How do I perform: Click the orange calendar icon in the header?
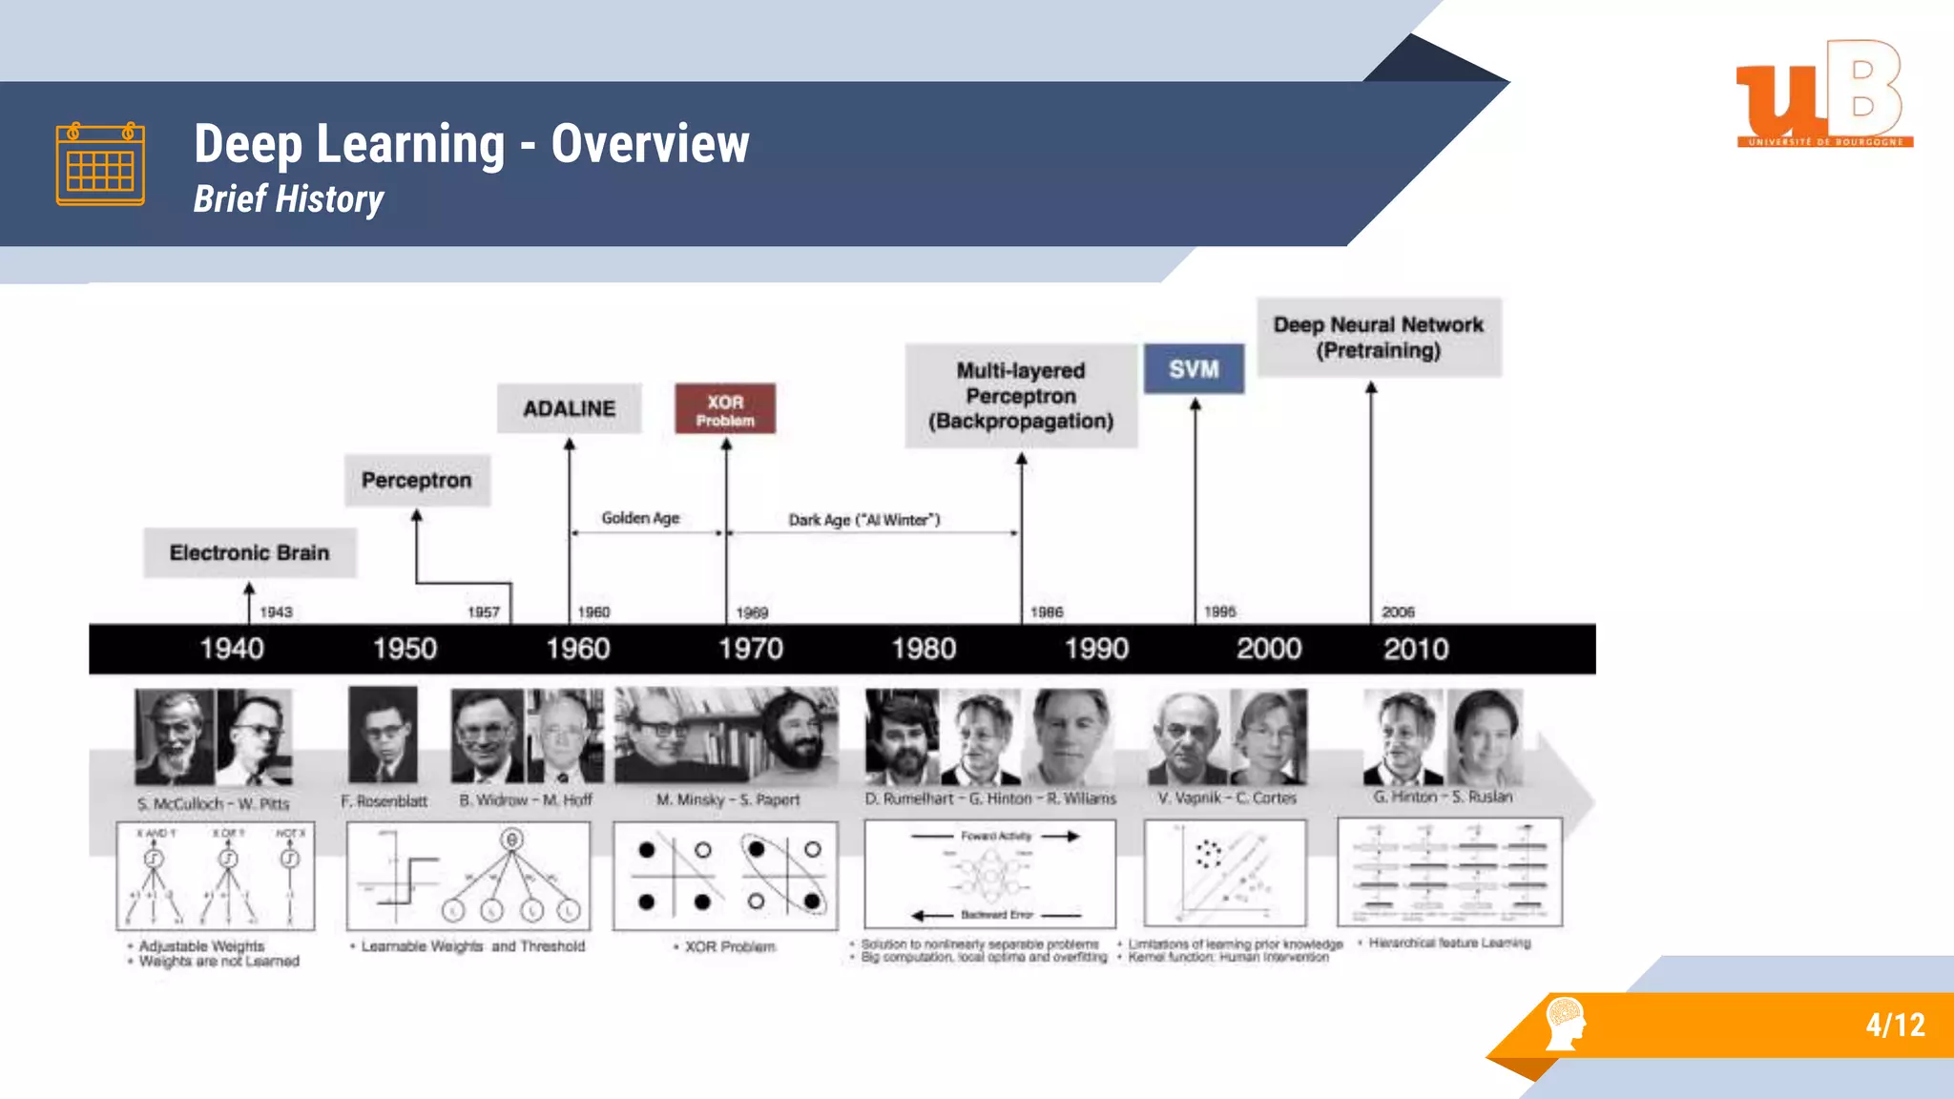pyautogui.click(x=100, y=164)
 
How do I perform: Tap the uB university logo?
pyautogui.click(x=1823, y=93)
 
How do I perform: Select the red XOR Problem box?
pyautogui.click(x=725, y=409)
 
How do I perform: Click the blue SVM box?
pyautogui.click(x=1194, y=369)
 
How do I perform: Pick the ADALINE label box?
pyautogui.click(x=569, y=408)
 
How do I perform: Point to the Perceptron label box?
pyautogui.click(x=417, y=480)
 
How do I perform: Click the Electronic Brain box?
pyautogui.click(x=250, y=552)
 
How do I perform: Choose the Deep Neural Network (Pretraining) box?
pyautogui.click(x=1379, y=338)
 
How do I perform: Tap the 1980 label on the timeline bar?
pyautogui.click(x=924, y=650)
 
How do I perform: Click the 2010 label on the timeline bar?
pyautogui.click(x=1416, y=650)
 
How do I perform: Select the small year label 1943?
pyautogui.click(x=276, y=612)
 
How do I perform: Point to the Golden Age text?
pyautogui.click(x=640, y=518)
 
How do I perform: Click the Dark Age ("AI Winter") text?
pyautogui.click(x=863, y=520)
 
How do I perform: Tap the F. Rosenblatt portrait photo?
pyautogui.click(x=383, y=735)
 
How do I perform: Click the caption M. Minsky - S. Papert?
pyautogui.click(x=727, y=799)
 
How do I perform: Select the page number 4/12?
pyautogui.click(x=1895, y=1025)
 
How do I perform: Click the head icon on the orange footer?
pyautogui.click(x=1565, y=1023)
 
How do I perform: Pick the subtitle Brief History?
pyautogui.click(x=288, y=198)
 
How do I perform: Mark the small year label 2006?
pyautogui.click(x=1398, y=612)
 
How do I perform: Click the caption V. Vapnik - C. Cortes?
pyautogui.click(x=1227, y=798)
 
